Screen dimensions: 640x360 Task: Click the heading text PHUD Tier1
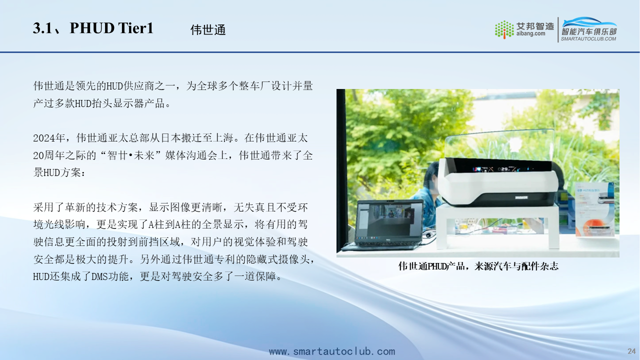point(111,28)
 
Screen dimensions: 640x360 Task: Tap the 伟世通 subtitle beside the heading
point(208,29)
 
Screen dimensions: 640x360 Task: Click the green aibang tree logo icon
point(504,29)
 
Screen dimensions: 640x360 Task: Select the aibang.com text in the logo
point(530,33)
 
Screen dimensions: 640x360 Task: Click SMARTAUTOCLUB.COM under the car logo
point(588,39)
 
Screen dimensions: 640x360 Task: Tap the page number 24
point(631,351)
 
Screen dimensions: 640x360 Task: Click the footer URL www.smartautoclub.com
point(331,351)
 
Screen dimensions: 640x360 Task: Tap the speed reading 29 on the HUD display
point(504,169)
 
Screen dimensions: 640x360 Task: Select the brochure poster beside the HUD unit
point(595,209)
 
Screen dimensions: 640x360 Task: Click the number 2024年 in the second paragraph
point(49,138)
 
